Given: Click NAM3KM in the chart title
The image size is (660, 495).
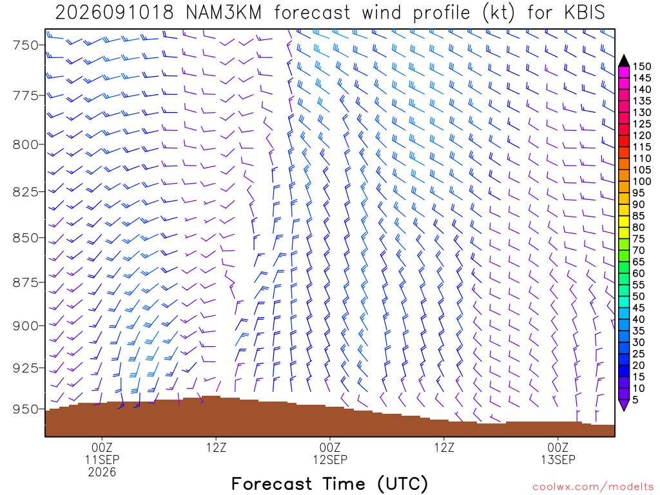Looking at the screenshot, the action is click(224, 12).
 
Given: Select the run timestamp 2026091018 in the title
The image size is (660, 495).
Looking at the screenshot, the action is click(115, 12).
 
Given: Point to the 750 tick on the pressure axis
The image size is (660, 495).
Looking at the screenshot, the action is click(26, 45).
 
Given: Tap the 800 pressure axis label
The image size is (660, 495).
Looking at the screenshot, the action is click(26, 145).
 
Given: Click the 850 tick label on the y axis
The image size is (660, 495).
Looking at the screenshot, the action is click(26, 238).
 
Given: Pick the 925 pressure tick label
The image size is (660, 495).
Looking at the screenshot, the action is click(26, 368).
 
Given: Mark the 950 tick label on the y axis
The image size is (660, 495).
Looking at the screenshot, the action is click(26, 409).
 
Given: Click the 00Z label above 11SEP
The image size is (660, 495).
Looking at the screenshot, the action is click(102, 447).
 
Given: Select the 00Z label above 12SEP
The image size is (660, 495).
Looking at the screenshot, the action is click(330, 447).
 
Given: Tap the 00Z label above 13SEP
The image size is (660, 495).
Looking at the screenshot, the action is click(558, 447).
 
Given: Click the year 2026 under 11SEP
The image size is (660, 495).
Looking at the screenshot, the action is click(102, 472).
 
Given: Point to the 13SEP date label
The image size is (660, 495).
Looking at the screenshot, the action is click(558, 460).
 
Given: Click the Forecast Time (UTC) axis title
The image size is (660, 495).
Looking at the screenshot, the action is click(329, 484).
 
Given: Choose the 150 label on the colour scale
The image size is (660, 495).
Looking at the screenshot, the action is click(642, 66).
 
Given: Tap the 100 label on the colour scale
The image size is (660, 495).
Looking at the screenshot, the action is click(642, 181).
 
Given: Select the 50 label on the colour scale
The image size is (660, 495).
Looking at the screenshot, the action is click(639, 296).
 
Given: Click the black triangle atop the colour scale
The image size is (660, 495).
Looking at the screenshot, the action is click(624, 61).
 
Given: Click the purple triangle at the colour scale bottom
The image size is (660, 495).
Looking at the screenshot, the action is click(624, 405).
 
